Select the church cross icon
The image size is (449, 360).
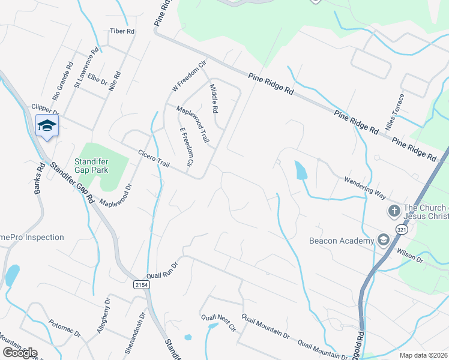[394, 211]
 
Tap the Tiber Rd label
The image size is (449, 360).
[121, 31]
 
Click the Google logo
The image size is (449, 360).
[20, 353]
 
